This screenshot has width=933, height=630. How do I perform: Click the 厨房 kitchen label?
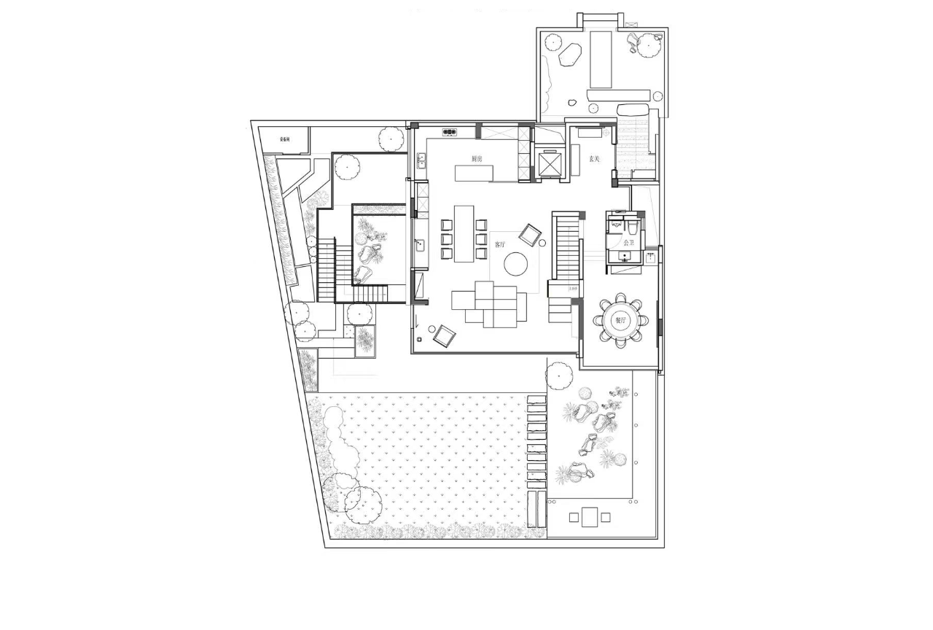pos(477,158)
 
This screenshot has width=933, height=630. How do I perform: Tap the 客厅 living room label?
pos(499,244)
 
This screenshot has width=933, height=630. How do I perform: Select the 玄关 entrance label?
pos(595,159)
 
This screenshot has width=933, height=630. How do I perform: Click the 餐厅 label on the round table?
pos(621,319)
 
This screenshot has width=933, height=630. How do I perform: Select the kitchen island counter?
pos(474,173)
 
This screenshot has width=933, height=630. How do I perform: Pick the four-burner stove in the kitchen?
pos(450,132)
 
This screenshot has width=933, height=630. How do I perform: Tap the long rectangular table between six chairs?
pos(464,233)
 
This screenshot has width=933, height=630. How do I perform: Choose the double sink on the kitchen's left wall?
pos(421,160)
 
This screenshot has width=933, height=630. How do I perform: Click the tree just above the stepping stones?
pos(558,376)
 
